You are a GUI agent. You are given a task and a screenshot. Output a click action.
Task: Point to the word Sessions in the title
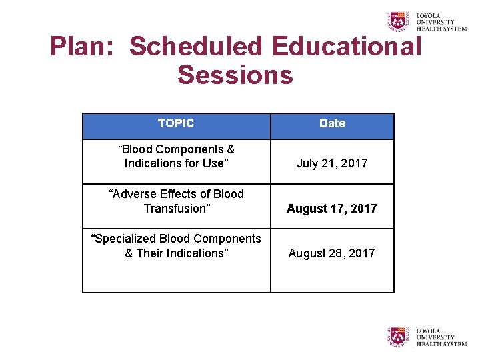[235, 75]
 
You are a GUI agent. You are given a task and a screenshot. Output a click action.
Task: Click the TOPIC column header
[176, 123]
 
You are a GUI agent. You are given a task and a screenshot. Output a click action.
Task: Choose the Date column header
[332, 123]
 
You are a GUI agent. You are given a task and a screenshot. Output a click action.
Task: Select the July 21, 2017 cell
[332, 163]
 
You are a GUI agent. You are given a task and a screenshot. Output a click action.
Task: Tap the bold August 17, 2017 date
[332, 209]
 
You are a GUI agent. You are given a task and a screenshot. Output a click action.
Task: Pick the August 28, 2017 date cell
[332, 253]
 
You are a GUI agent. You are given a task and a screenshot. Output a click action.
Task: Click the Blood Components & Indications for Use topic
[176, 157]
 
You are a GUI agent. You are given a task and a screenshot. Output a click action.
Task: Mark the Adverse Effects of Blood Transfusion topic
[176, 201]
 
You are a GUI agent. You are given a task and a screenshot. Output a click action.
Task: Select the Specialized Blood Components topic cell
[176, 246]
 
